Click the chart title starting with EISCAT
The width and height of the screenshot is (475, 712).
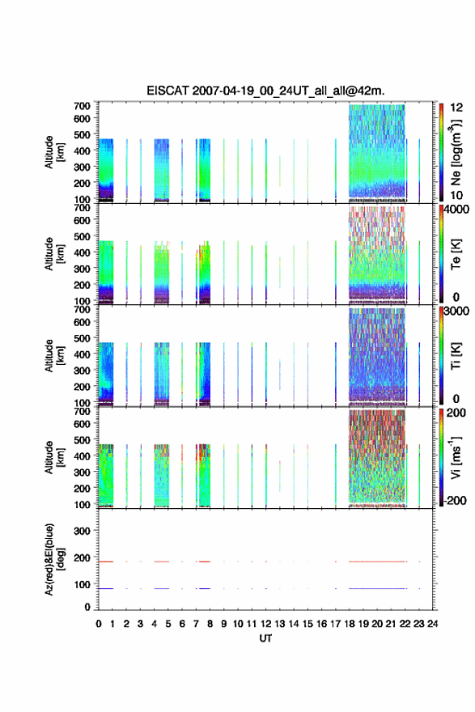(x=265, y=91)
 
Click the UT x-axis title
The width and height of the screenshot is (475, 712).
(x=265, y=638)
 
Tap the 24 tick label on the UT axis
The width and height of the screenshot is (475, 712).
(x=433, y=624)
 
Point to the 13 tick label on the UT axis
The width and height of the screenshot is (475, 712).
(x=280, y=624)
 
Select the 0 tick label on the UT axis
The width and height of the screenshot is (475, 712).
(x=99, y=624)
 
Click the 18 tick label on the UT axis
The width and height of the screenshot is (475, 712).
(x=350, y=624)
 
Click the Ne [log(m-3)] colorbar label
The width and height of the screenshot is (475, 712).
(x=456, y=153)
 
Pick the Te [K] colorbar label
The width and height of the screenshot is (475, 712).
(x=456, y=254)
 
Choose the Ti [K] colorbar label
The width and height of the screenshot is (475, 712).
(x=456, y=356)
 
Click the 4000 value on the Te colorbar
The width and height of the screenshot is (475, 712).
(x=456, y=210)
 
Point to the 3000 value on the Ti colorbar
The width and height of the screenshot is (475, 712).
(x=456, y=311)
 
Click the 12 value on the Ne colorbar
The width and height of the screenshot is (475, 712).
(x=456, y=108)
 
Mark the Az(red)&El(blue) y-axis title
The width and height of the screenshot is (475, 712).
(x=53, y=559)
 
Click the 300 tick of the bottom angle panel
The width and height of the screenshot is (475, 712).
(x=83, y=531)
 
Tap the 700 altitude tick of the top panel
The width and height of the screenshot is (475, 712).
(x=83, y=106)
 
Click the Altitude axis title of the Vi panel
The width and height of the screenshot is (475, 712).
(x=53, y=458)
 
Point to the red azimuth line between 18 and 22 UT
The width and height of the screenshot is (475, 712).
(x=377, y=562)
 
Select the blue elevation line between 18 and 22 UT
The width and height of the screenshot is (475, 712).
(x=377, y=588)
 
